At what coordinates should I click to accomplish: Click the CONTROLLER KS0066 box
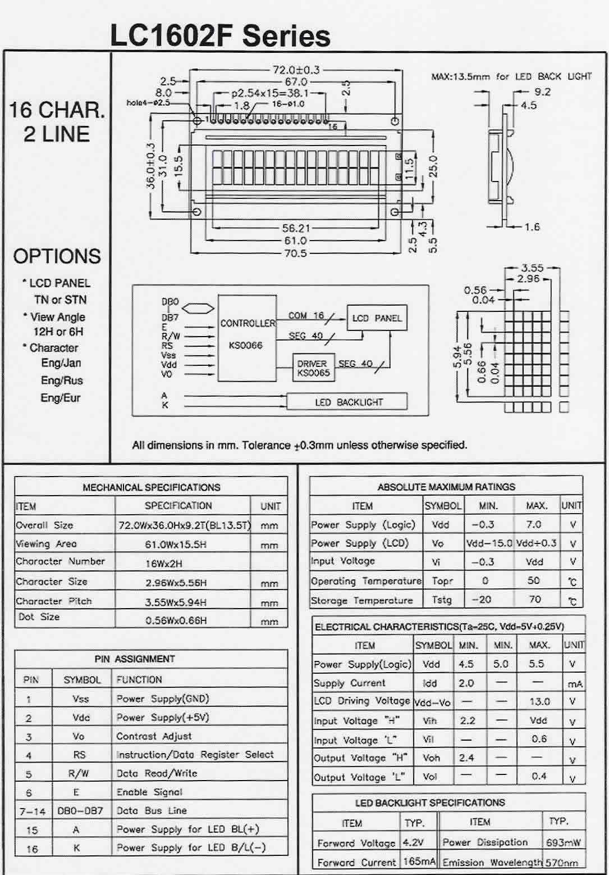246,336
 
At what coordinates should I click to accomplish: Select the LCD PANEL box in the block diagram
377,319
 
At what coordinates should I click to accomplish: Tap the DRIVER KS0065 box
313,368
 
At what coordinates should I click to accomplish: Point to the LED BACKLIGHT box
347,402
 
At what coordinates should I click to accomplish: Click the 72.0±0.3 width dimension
296,70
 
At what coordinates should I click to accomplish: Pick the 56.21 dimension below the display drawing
295,228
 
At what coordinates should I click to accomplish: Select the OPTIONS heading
57,256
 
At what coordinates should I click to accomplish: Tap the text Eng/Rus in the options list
62,380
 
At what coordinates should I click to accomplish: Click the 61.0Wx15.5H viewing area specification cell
176,544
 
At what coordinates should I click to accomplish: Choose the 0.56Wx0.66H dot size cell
176,620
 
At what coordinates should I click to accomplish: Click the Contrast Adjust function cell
154,736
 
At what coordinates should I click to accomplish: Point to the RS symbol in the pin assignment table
79,755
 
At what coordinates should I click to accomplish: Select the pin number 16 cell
32,849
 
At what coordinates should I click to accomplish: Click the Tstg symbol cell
442,600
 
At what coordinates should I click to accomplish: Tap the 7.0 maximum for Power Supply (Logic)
533,524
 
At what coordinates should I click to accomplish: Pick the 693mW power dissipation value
562,842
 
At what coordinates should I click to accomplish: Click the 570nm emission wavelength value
561,862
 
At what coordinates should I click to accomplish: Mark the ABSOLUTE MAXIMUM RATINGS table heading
446,487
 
